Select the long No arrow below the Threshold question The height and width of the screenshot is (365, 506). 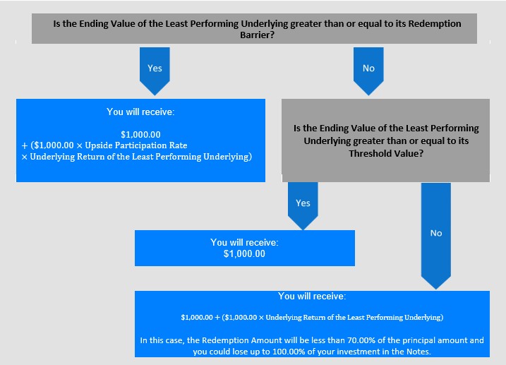[x=436, y=236]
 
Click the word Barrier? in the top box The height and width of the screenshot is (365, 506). [x=257, y=35]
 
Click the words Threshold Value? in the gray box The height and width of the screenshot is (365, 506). [x=386, y=153]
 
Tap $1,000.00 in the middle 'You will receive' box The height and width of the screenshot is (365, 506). [x=244, y=254]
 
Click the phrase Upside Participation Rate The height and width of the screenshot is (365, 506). [x=136, y=145]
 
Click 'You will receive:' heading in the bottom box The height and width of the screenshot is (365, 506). [x=312, y=297]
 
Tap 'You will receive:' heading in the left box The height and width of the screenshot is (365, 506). [x=140, y=112]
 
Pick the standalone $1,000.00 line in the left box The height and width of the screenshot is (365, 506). [x=140, y=135]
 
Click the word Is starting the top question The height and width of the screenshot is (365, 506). [x=56, y=24]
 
